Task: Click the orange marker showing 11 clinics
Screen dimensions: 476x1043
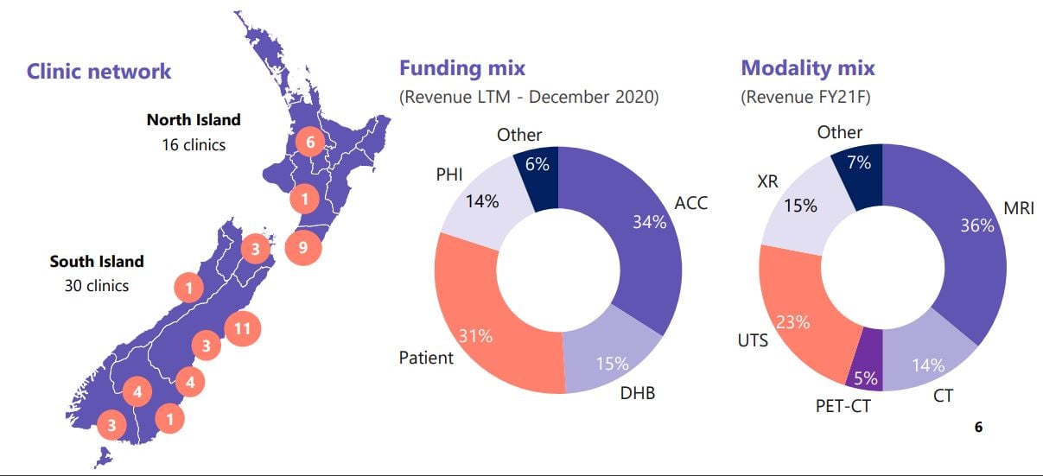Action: tap(242, 328)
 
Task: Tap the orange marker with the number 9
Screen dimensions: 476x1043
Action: tap(302, 246)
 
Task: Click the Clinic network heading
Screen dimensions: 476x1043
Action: tap(99, 72)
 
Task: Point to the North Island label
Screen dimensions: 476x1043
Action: tap(194, 120)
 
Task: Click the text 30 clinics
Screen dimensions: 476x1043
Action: tap(96, 285)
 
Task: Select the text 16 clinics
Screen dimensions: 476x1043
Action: tap(194, 144)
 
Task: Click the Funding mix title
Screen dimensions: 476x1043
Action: tap(461, 68)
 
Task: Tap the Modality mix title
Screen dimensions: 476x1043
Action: tap(807, 68)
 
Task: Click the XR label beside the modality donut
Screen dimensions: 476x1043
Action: tap(768, 182)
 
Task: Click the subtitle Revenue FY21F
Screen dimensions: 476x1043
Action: tap(805, 97)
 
